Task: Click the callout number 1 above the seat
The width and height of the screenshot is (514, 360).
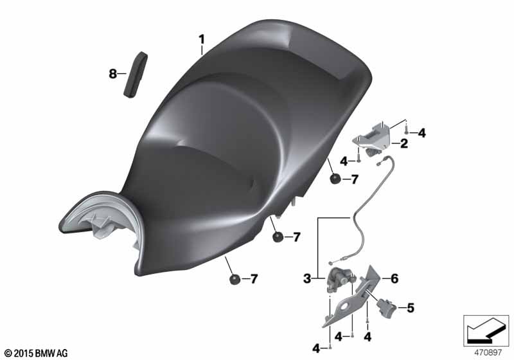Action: pos(202,40)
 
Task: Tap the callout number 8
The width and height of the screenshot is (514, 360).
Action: pos(113,74)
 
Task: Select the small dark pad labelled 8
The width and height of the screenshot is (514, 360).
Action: pos(136,75)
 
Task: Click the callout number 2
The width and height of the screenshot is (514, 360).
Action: pos(404,143)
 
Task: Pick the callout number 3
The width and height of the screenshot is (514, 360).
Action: pos(307,279)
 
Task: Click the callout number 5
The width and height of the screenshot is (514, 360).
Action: pos(410,308)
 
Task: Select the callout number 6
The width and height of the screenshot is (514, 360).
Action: pos(394,279)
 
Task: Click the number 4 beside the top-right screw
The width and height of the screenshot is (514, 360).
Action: pos(421,133)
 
